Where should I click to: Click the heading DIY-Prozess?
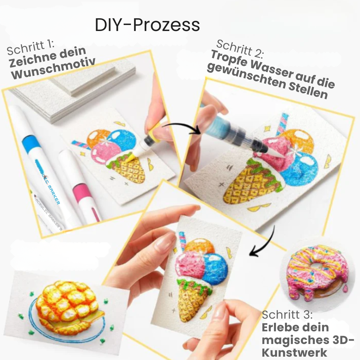coord(147,25)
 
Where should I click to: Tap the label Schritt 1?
coord(31,48)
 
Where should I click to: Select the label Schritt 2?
coord(240,48)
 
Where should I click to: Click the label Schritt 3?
coord(287,315)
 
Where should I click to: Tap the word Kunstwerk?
coord(295,352)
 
